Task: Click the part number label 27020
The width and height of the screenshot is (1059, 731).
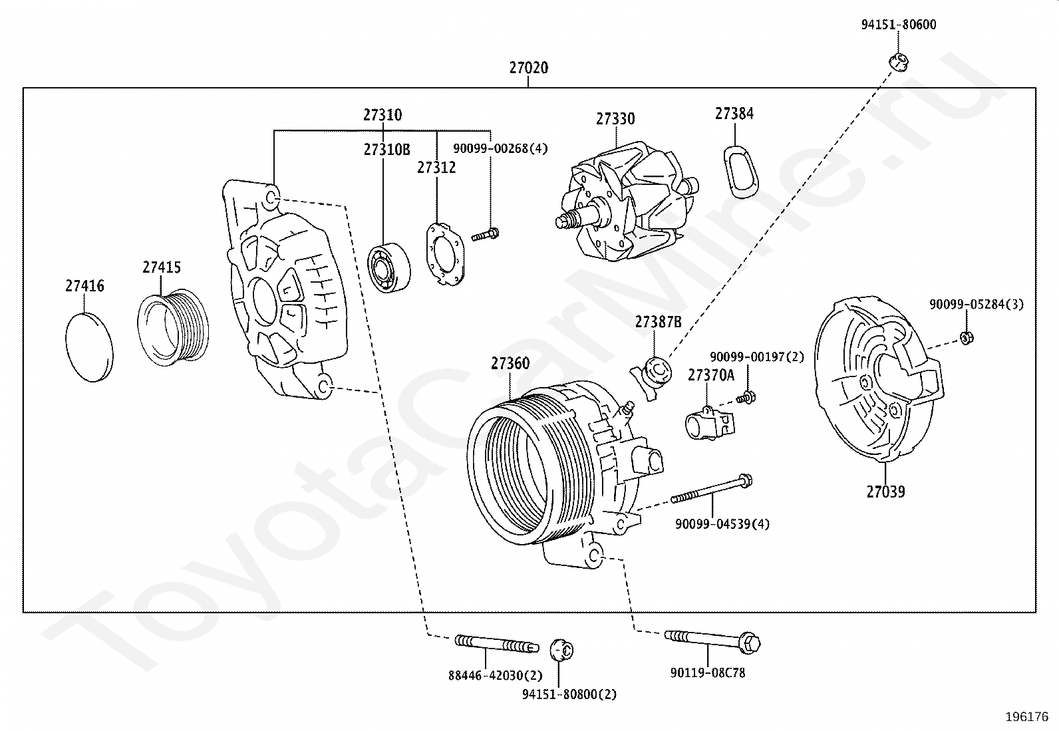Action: coord(529,68)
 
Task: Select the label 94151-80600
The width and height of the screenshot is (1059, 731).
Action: coord(898,25)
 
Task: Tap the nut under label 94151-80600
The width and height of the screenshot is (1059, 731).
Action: coord(899,62)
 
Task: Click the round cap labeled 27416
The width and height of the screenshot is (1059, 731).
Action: coord(89,347)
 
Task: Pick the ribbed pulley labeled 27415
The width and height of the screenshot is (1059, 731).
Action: coord(173,327)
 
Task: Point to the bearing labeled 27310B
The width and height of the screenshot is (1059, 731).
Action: coord(388,267)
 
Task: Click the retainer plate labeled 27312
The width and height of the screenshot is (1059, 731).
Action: coord(445,254)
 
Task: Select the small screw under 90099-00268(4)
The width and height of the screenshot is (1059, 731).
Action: coord(485,235)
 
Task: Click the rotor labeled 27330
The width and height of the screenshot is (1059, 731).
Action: coord(627,202)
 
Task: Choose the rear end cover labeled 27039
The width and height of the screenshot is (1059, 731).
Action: coord(879,378)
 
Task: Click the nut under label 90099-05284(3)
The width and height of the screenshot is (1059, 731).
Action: coord(967,338)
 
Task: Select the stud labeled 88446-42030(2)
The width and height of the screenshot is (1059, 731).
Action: coord(496,643)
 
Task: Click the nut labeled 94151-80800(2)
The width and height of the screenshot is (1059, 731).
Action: coord(561,650)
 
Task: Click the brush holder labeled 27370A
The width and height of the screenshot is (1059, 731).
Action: coord(709,423)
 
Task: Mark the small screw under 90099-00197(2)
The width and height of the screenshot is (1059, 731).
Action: coord(746,398)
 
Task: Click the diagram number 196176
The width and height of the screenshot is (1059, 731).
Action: coord(1027,717)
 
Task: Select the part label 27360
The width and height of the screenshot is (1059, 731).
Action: coord(510,363)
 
